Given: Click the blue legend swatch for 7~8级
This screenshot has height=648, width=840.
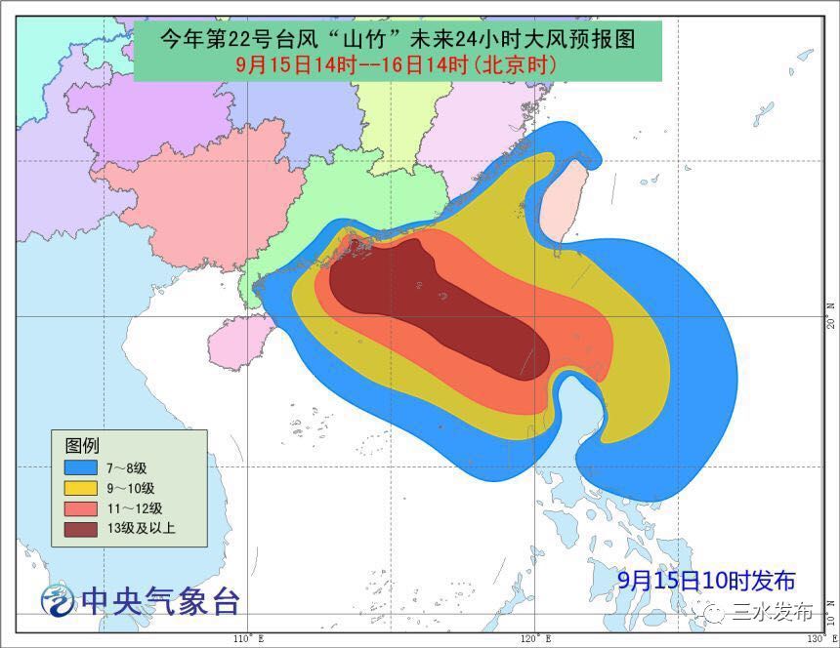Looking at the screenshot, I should coord(81,467).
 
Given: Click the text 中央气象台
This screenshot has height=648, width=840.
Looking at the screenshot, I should coord(160,600).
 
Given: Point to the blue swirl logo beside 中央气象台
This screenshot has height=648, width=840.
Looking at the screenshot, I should coord(58,598).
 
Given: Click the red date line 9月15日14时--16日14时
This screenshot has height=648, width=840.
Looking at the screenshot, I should coord(398,65).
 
